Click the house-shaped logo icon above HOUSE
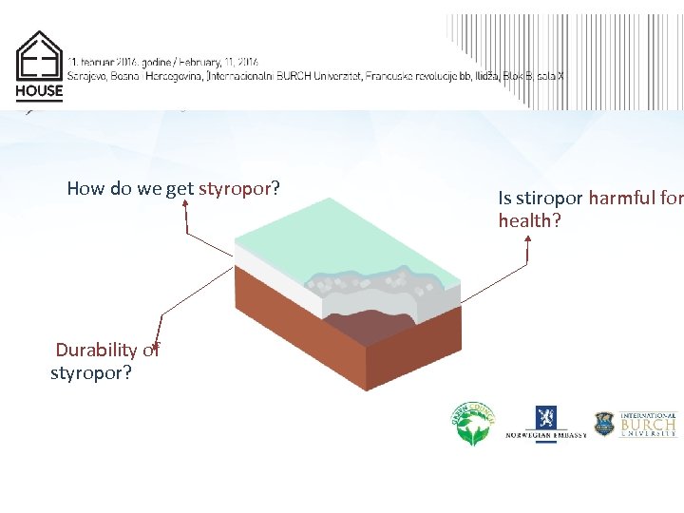click(39, 56)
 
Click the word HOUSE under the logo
click(39, 92)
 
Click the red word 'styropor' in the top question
click(235, 188)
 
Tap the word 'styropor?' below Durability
click(91, 372)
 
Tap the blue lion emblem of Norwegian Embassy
click(545, 418)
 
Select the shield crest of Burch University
click(604, 424)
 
